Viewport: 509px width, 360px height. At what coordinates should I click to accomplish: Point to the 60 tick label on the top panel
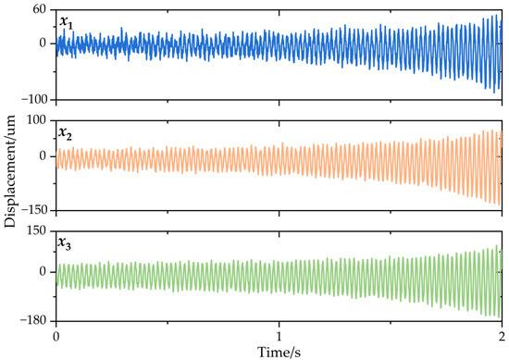point(40,9)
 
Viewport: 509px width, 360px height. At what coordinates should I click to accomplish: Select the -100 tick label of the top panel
point(35,100)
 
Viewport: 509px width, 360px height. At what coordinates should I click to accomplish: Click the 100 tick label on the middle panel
point(37,120)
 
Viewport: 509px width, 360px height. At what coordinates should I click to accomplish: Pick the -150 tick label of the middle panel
point(35,211)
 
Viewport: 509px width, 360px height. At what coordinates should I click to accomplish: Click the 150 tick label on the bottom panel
point(37,230)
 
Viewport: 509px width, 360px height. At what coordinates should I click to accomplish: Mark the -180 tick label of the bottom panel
point(35,321)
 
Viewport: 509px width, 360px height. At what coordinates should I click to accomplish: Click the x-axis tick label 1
point(279,337)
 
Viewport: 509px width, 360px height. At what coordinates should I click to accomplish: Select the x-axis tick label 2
point(501,337)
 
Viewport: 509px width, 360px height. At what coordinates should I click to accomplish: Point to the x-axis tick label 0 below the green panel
point(56,337)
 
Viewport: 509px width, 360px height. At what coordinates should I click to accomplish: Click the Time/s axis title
point(278,352)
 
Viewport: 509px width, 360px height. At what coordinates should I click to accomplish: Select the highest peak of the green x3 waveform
point(496,246)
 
